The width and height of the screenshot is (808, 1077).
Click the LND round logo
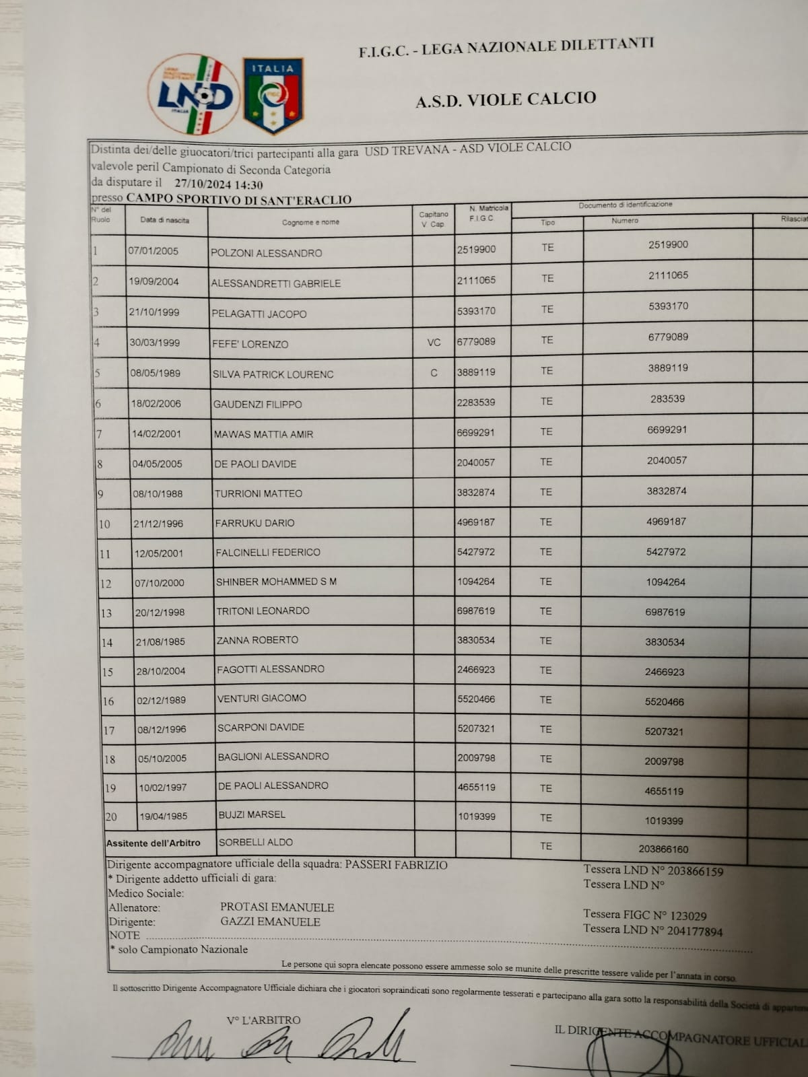[194, 94]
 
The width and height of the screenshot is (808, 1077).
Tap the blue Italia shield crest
[273, 96]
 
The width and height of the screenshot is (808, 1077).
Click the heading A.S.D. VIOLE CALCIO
[506, 100]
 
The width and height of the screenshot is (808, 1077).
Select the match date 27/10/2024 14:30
[219, 184]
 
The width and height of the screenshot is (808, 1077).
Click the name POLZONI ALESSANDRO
[266, 253]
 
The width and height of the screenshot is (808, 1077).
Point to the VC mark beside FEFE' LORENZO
[434, 343]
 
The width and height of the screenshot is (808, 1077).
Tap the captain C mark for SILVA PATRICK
[434, 373]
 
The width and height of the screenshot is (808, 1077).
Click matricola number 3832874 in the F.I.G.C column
[476, 493]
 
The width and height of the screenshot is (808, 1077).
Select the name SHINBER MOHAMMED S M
[276, 582]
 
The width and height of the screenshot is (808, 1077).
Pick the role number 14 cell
[107, 643]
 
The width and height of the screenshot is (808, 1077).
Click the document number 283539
[667, 399]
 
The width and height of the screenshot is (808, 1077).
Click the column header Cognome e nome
[310, 222]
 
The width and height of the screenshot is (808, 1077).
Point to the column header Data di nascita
[165, 220]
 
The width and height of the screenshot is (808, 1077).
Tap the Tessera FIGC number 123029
[679, 915]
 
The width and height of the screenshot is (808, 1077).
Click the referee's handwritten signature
[283, 1041]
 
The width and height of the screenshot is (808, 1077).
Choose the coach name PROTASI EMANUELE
[277, 907]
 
